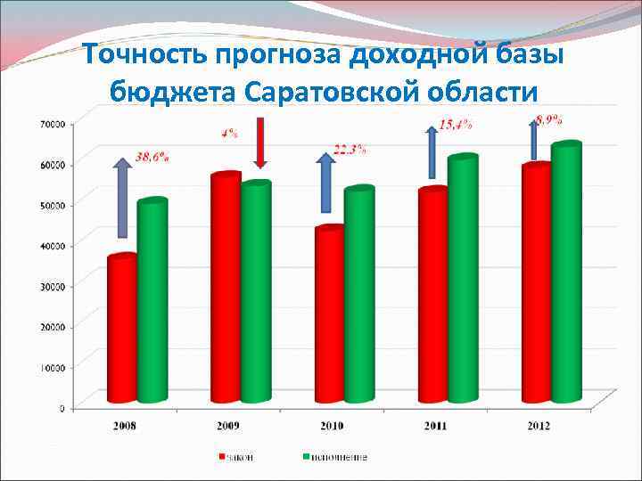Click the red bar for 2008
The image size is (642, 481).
point(122,330)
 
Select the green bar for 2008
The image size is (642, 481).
point(152,303)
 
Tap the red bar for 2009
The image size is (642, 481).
point(226,289)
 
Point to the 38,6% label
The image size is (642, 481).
point(152,157)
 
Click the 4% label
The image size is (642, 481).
point(229,134)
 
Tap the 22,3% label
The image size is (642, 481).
point(350,150)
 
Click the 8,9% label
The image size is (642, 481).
point(560,118)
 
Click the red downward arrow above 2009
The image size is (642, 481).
point(260,143)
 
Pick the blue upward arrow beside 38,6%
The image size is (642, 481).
point(122,198)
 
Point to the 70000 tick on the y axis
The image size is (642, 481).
point(51,123)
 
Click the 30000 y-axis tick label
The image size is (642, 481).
point(51,285)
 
